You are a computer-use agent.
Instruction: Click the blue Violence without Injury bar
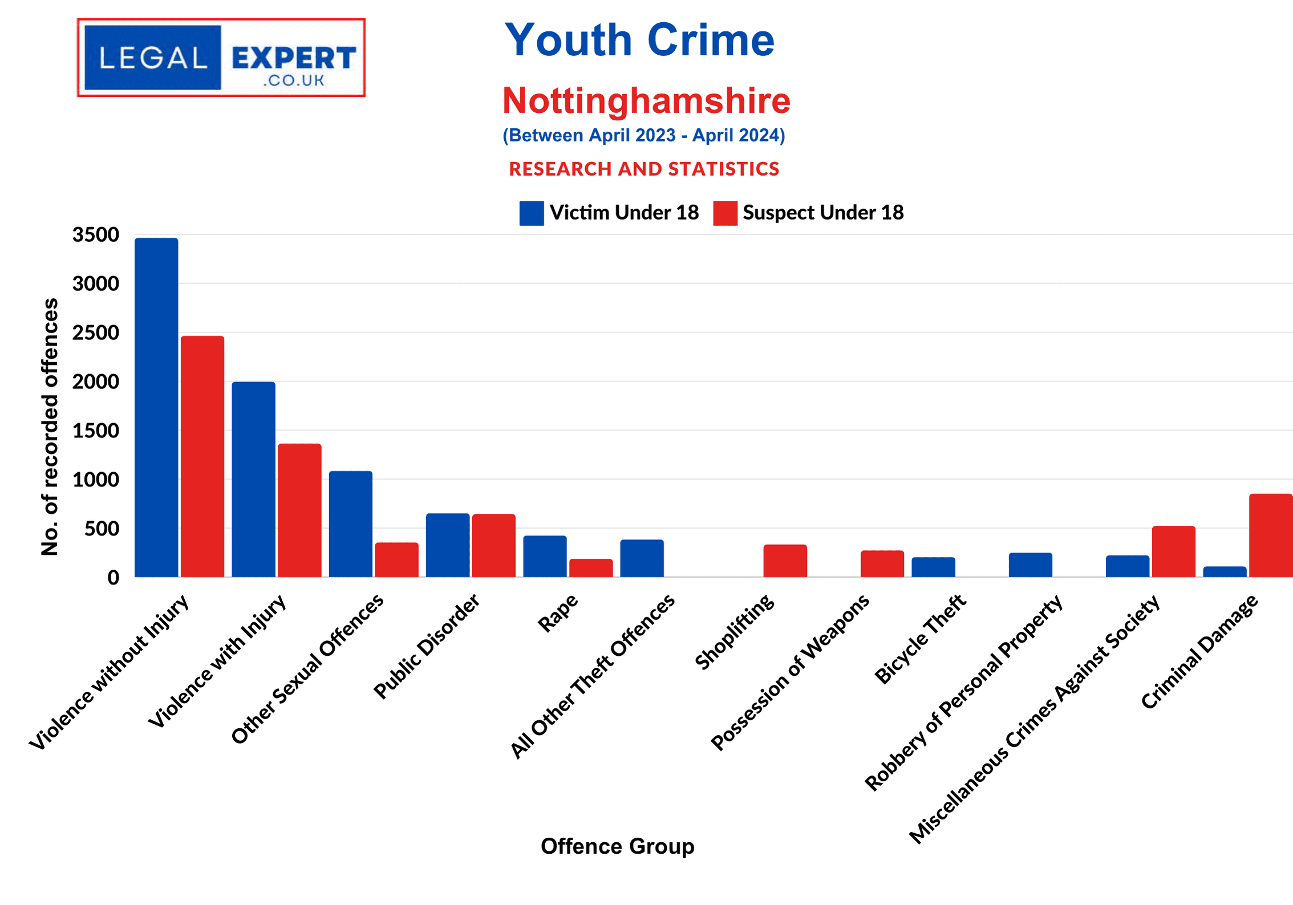pos(156,407)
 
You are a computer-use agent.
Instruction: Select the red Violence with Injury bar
pos(299,510)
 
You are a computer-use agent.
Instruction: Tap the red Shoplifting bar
pos(785,561)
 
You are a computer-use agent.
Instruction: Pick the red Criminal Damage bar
pos(1270,535)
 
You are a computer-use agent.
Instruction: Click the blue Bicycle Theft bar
pos(933,567)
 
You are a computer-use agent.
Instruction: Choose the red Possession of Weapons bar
pos(882,564)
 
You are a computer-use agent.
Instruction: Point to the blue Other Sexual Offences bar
pos(350,524)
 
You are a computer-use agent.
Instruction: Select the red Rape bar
pos(591,568)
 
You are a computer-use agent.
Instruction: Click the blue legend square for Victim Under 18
pos(531,213)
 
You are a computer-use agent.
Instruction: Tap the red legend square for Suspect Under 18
pos(725,213)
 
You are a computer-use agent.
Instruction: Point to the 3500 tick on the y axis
pos(96,234)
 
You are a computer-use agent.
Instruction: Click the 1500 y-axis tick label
pos(96,431)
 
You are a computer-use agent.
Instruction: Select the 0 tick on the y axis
pos(113,578)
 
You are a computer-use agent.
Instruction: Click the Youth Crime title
pos(639,40)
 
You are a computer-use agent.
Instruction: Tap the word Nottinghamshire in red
pos(646,101)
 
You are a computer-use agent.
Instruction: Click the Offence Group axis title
pos(617,846)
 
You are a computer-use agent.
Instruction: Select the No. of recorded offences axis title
pos(50,427)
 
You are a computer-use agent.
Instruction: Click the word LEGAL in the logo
pos(153,58)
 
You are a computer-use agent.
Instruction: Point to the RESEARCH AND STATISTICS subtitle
pos(644,169)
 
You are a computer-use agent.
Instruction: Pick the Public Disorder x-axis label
pos(427,647)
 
